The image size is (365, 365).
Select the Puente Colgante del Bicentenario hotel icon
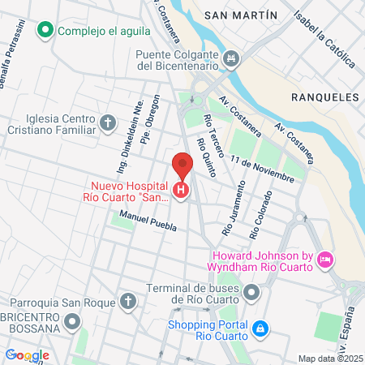tap(232, 58)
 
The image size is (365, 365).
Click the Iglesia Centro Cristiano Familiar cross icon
tap(108, 123)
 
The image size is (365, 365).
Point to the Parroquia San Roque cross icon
tap(127, 302)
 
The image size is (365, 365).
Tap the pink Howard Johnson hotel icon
tap(325, 259)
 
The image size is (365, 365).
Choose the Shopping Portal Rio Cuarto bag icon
tap(260, 328)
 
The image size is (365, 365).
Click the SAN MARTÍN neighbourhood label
tap(241, 15)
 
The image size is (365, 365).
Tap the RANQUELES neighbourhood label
tap(324, 96)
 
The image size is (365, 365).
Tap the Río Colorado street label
tap(260, 214)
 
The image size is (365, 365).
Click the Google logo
tap(28, 354)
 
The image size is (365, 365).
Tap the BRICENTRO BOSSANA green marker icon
tap(74, 322)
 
